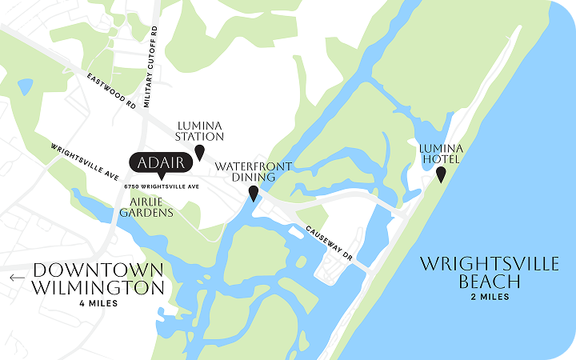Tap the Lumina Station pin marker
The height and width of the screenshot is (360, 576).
pos(200,151)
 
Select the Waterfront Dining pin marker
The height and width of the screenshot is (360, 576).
pos(254,193)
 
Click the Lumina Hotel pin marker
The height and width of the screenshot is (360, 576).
pos(441,174)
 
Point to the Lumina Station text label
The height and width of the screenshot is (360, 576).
pos(200,130)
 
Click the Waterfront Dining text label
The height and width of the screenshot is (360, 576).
pos(254,172)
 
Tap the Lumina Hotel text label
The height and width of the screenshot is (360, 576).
pos(442,153)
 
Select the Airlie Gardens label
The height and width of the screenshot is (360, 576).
pos(146,207)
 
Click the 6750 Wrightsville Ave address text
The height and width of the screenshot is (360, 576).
pos(161,186)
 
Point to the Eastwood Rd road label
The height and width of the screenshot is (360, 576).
pos(110,89)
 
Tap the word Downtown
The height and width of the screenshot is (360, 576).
pos(98,270)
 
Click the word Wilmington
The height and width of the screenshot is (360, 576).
pos(98,288)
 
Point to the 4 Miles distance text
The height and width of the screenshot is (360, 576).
pos(98,304)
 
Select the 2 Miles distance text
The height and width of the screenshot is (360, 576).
pos(490,297)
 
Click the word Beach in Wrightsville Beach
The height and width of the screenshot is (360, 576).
pos(490,282)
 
